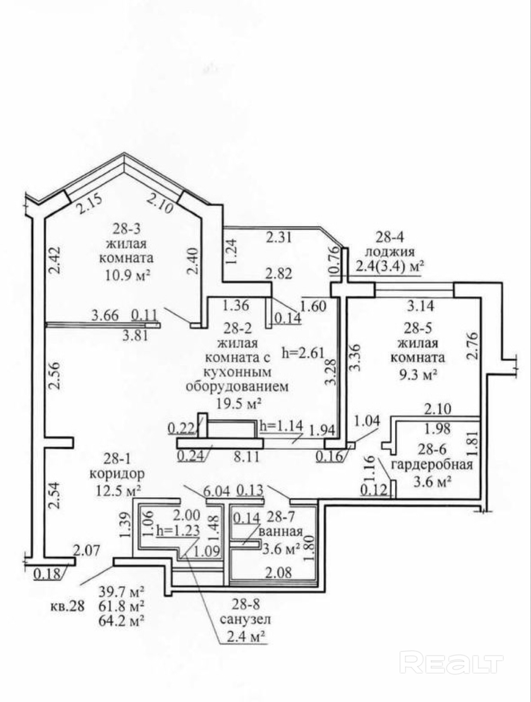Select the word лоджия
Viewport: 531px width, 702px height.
[x=390, y=252]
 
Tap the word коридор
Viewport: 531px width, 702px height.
[x=117, y=474]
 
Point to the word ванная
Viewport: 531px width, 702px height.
[x=281, y=531]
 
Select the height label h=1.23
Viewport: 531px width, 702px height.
[x=178, y=530]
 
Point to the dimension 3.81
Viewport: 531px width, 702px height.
[x=135, y=336]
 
